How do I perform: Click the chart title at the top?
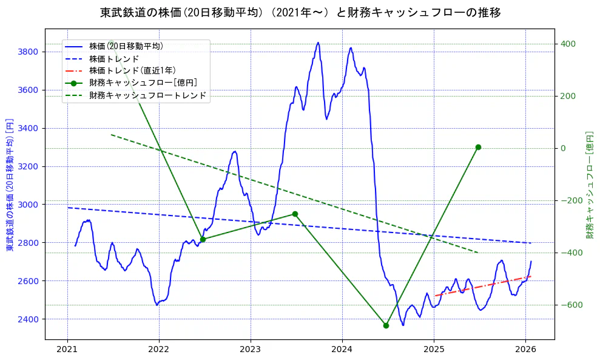click(x=300, y=12)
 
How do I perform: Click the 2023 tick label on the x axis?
click(x=251, y=349)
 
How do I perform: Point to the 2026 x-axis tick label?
click(x=525, y=349)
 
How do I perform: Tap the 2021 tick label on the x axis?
click(x=67, y=349)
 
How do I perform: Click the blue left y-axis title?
click(x=10, y=184)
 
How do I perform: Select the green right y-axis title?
click(x=589, y=184)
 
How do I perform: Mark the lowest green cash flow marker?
click(x=386, y=325)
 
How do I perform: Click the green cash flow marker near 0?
click(x=478, y=147)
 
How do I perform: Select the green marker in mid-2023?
click(x=295, y=214)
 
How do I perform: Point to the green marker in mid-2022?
click(x=203, y=239)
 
